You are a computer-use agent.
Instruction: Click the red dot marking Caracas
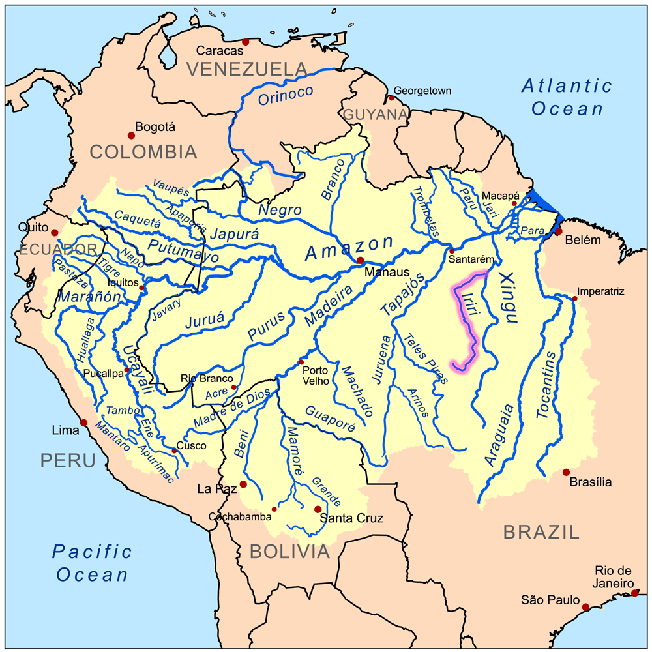tap(246, 42)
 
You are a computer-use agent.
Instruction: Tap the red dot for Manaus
tap(360, 260)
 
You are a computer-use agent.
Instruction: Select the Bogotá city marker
tap(131, 135)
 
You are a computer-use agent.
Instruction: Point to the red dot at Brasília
tap(566, 472)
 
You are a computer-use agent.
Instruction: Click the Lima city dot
tap(84, 422)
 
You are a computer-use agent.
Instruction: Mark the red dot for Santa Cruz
tap(318, 509)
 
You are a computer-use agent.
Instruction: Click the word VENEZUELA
tap(247, 68)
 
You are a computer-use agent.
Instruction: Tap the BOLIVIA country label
tap(289, 552)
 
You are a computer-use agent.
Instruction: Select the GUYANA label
tap(375, 115)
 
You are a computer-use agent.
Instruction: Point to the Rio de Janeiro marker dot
tap(635, 593)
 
